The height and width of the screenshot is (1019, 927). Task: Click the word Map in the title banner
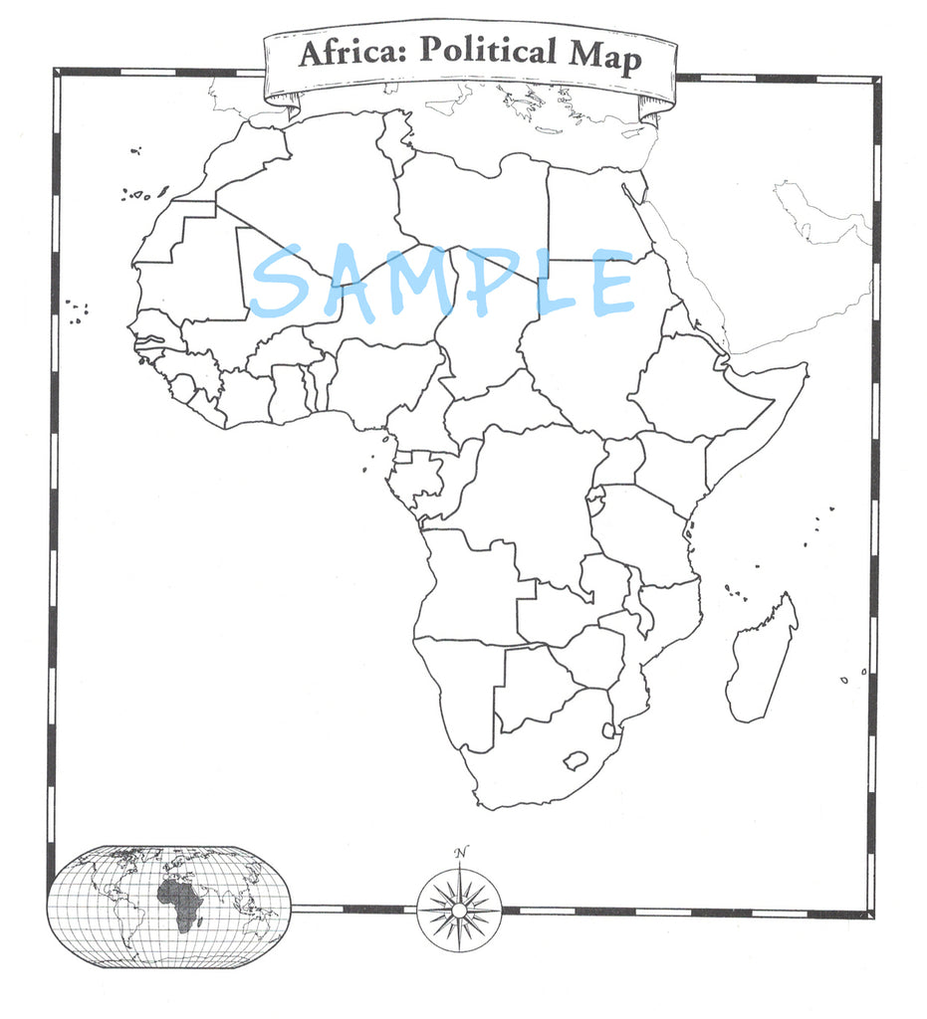tap(603, 57)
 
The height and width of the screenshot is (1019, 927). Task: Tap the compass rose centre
tap(459, 909)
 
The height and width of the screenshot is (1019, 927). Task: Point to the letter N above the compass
tap(459, 853)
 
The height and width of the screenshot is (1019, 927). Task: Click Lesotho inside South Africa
tap(575, 762)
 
